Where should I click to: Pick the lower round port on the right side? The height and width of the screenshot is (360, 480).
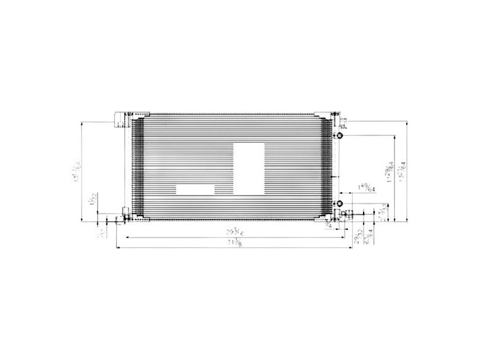pyautogui.click(x=339, y=202)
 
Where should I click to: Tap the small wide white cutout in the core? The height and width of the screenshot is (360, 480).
pyautogui.click(x=195, y=188)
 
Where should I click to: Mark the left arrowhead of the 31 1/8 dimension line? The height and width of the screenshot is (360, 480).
pyautogui.click(x=119, y=247)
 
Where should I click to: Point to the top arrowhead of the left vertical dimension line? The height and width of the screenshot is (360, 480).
pyautogui.click(x=82, y=124)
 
